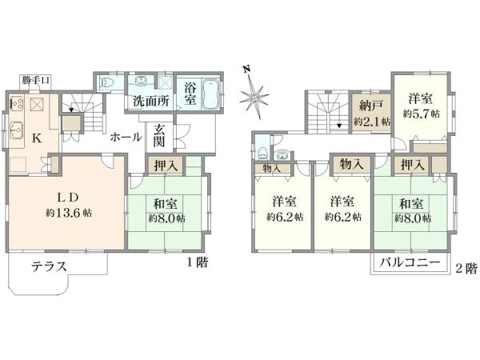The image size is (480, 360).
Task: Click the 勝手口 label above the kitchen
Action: (x=35, y=81)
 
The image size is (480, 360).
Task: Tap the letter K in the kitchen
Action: (x=37, y=138)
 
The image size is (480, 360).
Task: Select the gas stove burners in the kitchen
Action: (x=16, y=103)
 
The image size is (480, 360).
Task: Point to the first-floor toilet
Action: (x=106, y=82)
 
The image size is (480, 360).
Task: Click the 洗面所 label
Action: (x=151, y=101)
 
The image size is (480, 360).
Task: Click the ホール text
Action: (x=126, y=137)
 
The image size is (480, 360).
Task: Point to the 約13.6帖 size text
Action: (x=69, y=213)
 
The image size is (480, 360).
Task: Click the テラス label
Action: (x=50, y=266)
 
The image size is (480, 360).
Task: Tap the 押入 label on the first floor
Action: (x=166, y=166)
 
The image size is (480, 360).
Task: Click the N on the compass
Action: (x=246, y=69)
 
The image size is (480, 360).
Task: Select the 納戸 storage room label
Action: (x=370, y=106)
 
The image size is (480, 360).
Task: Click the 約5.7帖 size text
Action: (x=422, y=114)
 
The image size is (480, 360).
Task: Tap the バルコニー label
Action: (x=410, y=262)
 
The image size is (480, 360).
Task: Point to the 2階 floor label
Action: (x=466, y=269)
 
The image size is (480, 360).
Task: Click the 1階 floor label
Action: (x=198, y=262)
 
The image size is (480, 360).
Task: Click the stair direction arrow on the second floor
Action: (x=339, y=126)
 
